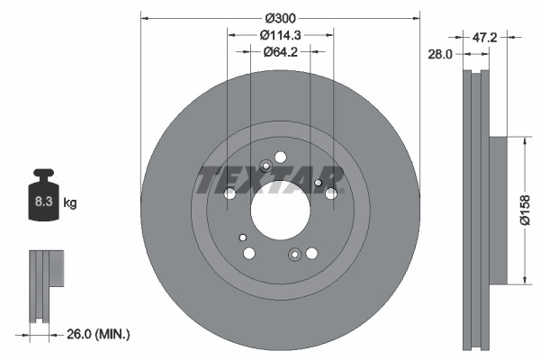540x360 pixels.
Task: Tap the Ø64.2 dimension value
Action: coord(280,51)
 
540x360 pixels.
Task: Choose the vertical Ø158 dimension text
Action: coord(526,211)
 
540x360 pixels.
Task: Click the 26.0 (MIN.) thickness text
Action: coord(100,334)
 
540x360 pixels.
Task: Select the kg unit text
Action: coord(70,203)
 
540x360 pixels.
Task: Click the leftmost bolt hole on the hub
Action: coord(229,193)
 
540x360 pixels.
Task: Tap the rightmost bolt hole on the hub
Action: coord(331,193)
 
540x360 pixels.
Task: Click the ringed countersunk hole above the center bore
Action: coord(265,166)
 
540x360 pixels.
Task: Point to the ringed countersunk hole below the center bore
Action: coord(294,256)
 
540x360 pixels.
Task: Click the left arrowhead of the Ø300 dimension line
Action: coord(145,17)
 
